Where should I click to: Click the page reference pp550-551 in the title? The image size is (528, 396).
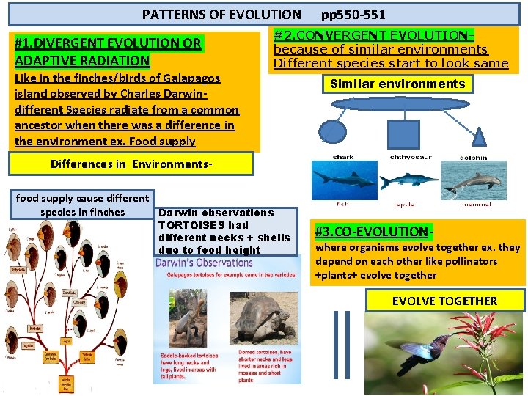(x=353, y=14)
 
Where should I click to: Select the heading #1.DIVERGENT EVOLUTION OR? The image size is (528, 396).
(x=108, y=43)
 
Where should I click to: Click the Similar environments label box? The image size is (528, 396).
(x=397, y=84)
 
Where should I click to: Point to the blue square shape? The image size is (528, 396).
(x=402, y=133)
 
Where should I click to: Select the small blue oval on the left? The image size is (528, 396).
(x=333, y=132)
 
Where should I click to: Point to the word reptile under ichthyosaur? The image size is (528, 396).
(x=404, y=204)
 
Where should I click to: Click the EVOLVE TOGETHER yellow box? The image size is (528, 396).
(x=444, y=301)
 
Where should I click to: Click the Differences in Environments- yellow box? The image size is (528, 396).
(x=131, y=164)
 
